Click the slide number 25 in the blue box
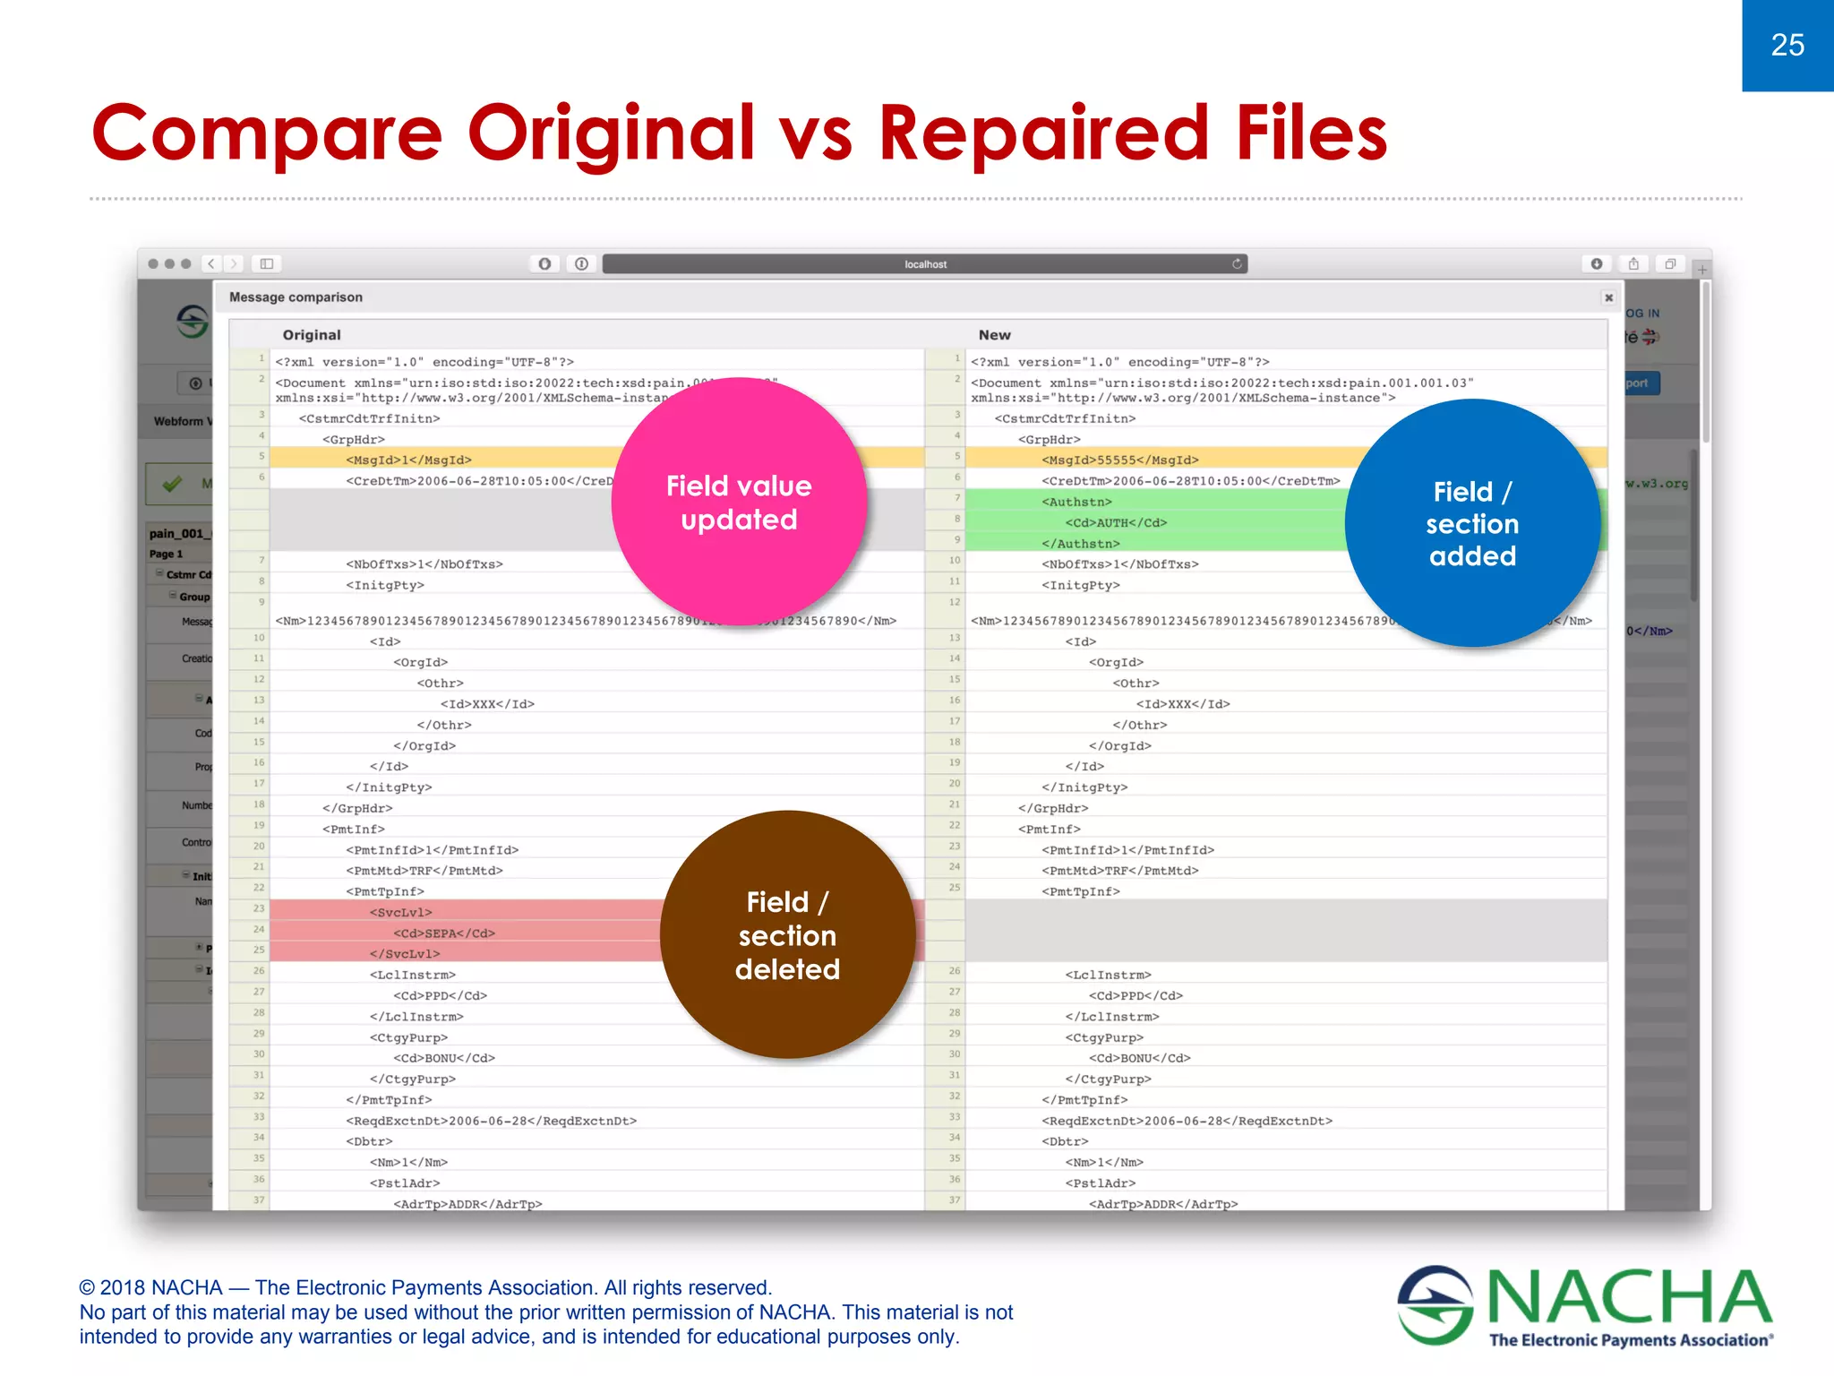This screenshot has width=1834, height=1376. tap(1787, 45)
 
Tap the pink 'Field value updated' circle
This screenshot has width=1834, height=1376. tap(739, 502)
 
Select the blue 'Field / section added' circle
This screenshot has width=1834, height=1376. tap(1472, 523)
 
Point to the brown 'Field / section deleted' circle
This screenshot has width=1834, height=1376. tap(787, 934)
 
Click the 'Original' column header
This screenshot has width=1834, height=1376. tap(312, 335)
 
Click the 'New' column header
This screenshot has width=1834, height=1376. tap(994, 335)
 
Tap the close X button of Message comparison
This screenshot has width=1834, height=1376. tap(1608, 297)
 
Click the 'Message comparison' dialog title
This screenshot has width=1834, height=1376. tap(296, 297)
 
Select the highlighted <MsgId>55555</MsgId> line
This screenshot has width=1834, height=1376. tap(1119, 460)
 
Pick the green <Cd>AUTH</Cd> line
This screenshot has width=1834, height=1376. tap(1115, 522)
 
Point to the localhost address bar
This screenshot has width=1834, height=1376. tap(924, 264)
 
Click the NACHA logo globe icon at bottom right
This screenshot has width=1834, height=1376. tap(1435, 1304)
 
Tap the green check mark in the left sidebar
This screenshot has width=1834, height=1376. tap(172, 484)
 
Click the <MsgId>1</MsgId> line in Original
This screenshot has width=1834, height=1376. tap(408, 460)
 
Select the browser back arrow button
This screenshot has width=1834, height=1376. tap(211, 263)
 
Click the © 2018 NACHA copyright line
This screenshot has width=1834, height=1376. tap(425, 1287)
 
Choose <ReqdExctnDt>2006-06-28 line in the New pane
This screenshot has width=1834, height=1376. tap(1187, 1121)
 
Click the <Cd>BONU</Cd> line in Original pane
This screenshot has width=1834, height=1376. tap(444, 1058)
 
